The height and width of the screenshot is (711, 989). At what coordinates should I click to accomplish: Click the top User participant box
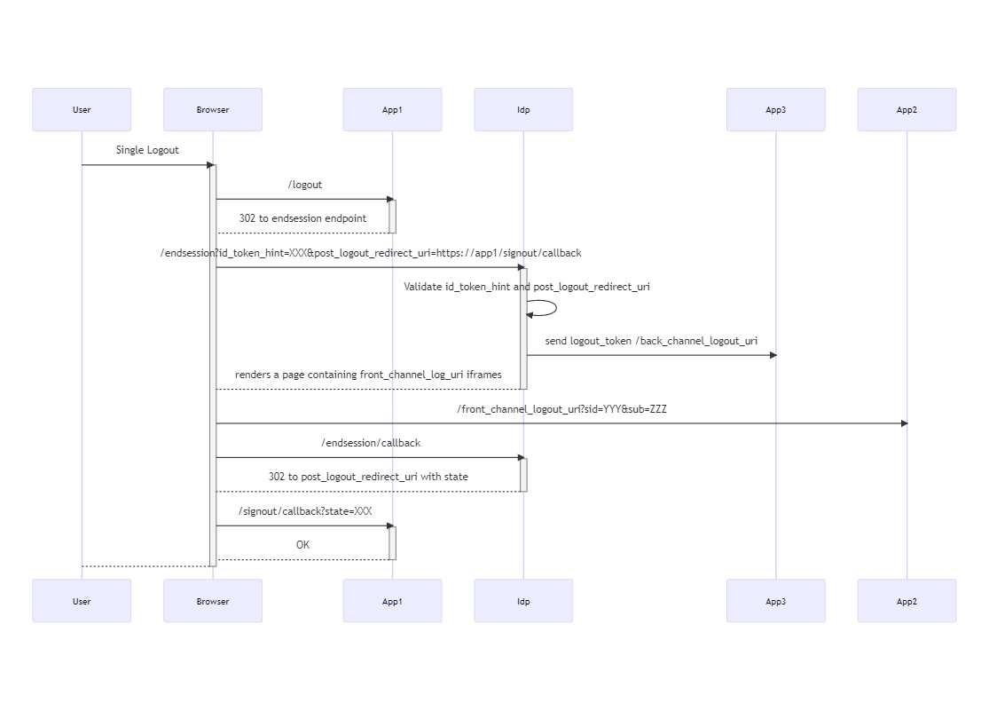click(82, 110)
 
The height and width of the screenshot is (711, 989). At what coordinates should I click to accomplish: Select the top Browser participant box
click(213, 110)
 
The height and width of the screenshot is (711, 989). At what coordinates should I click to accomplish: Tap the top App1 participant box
click(392, 110)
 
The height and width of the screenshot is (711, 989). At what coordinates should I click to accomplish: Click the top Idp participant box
click(523, 110)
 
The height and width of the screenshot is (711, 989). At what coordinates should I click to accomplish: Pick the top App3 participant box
click(775, 110)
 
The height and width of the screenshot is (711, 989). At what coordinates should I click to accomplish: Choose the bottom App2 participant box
click(907, 601)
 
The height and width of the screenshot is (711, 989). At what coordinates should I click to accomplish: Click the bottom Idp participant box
click(523, 601)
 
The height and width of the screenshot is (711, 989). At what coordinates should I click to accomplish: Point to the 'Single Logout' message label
click(147, 150)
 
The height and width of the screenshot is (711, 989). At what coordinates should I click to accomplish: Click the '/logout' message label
click(305, 185)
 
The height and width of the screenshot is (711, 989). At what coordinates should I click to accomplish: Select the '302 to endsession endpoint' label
click(302, 218)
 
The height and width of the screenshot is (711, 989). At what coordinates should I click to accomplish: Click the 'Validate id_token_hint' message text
click(526, 287)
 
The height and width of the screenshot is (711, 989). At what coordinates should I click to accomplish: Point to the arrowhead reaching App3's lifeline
click(773, 355)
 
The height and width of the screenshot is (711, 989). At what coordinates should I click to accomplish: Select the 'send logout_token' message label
click(651, 341)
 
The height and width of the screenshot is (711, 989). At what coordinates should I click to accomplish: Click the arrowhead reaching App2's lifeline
click(904, 423)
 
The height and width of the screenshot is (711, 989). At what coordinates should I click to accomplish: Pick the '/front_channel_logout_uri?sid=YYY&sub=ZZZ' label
click(561, 409)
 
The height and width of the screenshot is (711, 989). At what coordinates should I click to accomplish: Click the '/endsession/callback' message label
click(371, 443)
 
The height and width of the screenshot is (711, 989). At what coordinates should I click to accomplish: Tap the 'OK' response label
click(302, 545)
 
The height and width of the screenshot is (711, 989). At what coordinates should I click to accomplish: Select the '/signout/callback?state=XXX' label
click(305, 511)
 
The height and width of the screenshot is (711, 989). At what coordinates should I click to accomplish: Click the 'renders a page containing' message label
click(368, 375)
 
